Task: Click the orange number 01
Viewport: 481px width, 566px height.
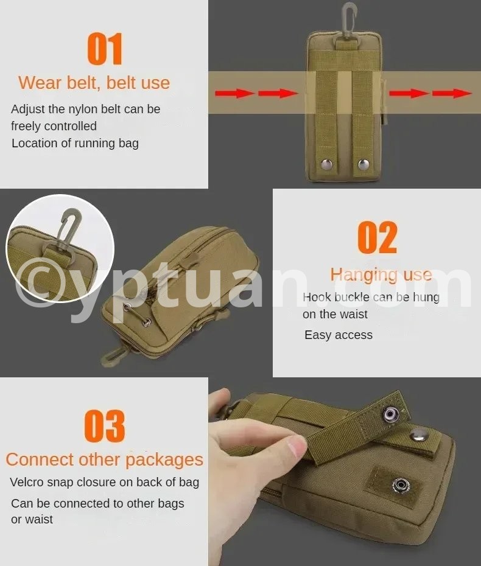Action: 105,49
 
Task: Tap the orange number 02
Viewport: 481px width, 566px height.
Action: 377,237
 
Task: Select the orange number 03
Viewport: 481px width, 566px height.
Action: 105,426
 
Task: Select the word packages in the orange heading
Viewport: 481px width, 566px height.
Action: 164,460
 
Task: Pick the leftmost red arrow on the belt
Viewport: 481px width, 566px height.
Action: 235,93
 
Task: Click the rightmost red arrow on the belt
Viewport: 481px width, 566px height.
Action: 452,94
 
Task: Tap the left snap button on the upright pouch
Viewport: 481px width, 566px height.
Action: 327,164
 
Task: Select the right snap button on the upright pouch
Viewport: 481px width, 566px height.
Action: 363,164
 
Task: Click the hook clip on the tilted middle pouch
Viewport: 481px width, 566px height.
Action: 113,355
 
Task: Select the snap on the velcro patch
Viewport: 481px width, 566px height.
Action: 401,485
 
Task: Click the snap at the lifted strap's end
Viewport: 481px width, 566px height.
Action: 390,414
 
